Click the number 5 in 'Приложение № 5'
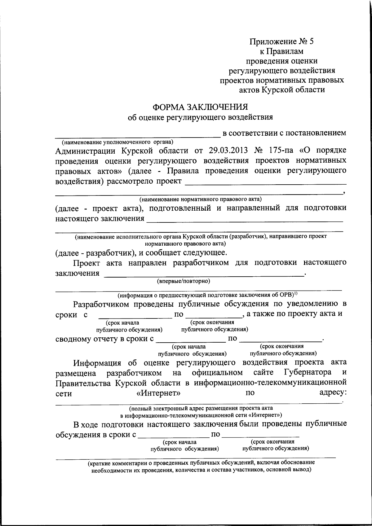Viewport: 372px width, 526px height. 311,41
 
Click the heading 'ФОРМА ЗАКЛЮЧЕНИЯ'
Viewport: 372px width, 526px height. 200,107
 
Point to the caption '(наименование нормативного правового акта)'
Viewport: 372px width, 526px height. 200,198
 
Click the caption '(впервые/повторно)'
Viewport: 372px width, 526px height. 184,281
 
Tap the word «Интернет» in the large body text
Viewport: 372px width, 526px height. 158,393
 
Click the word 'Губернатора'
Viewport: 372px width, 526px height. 307,372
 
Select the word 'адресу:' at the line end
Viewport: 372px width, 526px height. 333,392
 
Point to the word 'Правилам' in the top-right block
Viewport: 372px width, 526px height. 286,51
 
